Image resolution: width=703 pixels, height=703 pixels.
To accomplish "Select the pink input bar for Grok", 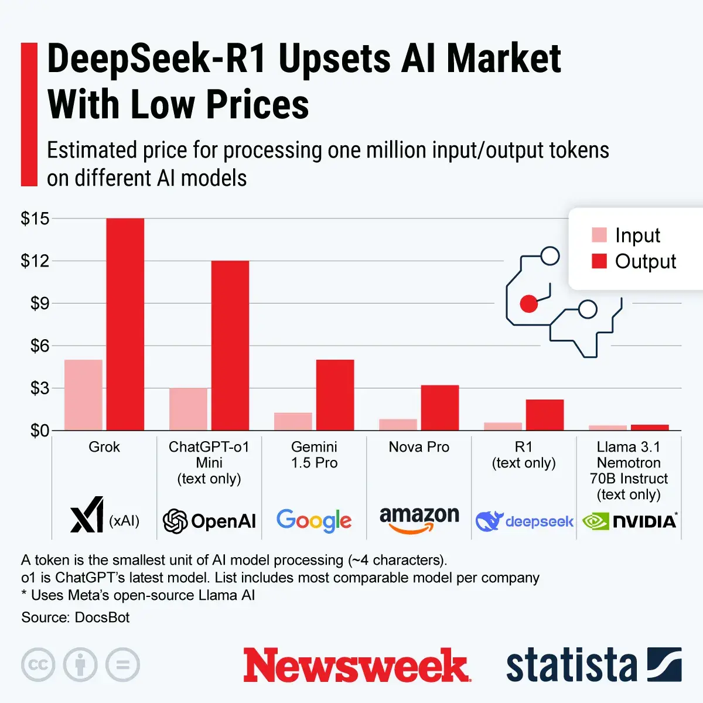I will point(83,395).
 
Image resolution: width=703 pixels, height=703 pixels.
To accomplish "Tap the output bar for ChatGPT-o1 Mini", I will point(230,346).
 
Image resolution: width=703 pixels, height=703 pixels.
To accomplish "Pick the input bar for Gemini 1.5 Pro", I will point(293,421).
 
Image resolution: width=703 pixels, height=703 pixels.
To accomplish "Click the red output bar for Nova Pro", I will point(439,408).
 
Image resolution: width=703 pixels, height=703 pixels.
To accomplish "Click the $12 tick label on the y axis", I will point(35,261).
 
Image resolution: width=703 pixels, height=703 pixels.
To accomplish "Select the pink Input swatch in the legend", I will point(599,235).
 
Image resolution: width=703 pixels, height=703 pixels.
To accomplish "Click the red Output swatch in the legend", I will point(599,261).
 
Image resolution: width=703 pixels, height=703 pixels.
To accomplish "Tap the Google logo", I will point(314,520).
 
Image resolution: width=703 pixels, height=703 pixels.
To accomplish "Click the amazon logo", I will point(419,519).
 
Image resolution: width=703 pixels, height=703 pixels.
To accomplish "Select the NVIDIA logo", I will point(630,521).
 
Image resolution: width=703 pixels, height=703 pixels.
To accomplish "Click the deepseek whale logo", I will point(489,521).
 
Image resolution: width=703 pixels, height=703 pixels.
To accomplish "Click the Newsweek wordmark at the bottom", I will point(356,666).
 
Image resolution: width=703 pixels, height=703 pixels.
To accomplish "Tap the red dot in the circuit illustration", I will point(528,303).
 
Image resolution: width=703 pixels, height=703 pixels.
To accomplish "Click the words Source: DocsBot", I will point(75,617).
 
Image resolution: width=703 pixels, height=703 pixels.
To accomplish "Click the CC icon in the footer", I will point(38,665).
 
